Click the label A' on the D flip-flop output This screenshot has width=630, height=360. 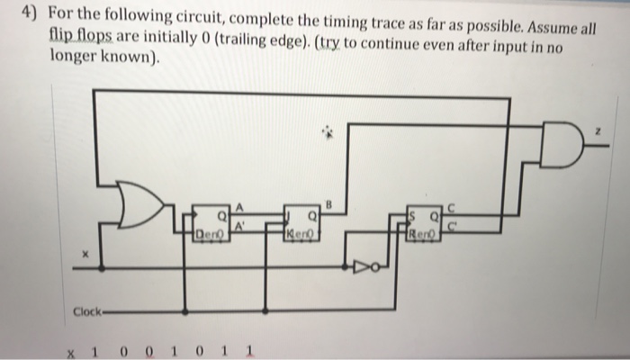coord(240,228)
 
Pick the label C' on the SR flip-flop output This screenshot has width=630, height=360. coord(453,228)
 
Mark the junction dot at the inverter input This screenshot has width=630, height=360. coord(346,266)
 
